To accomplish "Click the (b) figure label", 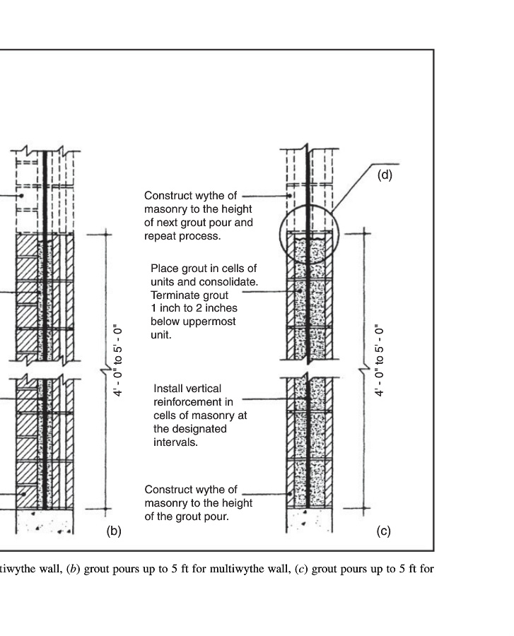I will [x=114, y=531].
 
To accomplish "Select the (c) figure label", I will [x=383, y=531].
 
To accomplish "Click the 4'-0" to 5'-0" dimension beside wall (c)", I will [x=378, y=360].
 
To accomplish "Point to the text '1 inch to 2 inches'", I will [x=194, y=308].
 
